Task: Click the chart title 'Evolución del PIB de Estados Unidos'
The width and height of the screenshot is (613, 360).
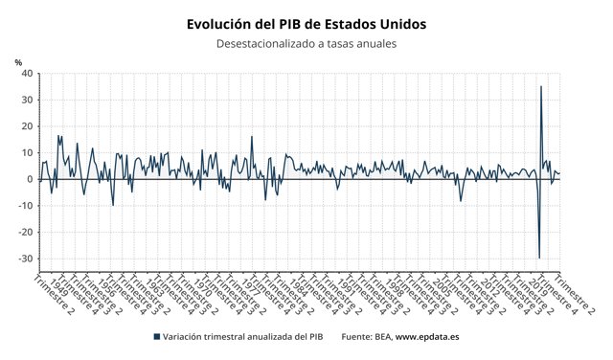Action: (x=306, y=23)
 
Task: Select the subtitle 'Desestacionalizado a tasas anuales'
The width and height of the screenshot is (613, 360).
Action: (x=306, y=44)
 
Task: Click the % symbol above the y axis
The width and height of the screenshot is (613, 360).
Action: (x=18, y=62)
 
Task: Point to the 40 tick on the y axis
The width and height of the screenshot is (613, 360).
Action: (x=27, y=74)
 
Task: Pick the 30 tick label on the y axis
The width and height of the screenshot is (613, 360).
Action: (x=27, y=100)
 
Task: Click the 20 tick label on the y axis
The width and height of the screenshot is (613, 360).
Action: (x=27, y=126)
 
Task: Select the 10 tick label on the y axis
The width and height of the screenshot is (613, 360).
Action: (x=27, y=153)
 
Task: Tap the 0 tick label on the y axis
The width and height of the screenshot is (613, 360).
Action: (x=30, y=179)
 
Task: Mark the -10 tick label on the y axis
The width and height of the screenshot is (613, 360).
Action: (x=25, y=206)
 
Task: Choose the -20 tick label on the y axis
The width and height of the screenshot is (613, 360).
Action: (x=25, y=233)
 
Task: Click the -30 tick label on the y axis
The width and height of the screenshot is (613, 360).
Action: (x=25, y=259)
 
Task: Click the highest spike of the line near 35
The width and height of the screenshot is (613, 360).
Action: (x=541, y=87)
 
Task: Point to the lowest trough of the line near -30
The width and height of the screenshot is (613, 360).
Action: (x=539, y=258)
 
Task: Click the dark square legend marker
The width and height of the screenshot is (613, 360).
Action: (x=156, y=337)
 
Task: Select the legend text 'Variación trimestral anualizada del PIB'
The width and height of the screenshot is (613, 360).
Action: (x=245, y=337)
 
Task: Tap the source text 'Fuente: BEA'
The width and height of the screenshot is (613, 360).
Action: (x=365, y=337)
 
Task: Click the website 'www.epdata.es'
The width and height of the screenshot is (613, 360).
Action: (x=427, y=337)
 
